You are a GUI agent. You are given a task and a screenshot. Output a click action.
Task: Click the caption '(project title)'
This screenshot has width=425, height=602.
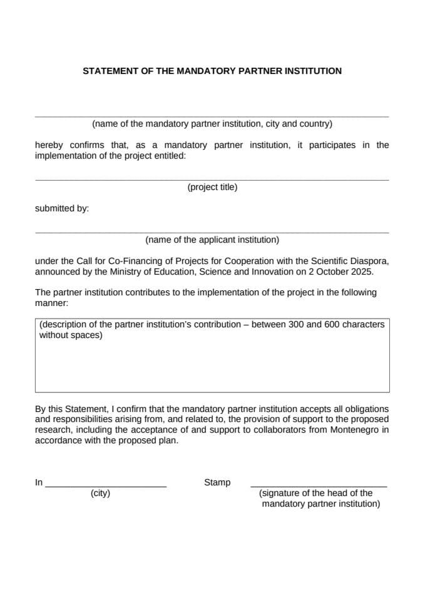[212, 187]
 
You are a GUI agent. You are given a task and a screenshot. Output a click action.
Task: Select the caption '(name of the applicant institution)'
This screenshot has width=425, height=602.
[212, 240]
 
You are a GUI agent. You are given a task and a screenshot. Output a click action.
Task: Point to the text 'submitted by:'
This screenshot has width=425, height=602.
[62, 208]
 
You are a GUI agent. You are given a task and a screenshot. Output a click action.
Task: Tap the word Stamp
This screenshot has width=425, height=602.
[217, 482]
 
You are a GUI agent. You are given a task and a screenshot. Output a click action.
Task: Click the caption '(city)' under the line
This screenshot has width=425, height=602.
[100, 493]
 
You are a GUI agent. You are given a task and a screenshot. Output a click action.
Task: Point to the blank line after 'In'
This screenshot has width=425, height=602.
[106, 487]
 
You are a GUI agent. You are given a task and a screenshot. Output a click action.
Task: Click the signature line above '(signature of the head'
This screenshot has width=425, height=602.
[319, 487]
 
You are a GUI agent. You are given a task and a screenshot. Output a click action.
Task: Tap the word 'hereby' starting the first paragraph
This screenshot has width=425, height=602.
[49, 145]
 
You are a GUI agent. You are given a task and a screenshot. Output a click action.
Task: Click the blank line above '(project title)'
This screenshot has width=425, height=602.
[212, 180]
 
